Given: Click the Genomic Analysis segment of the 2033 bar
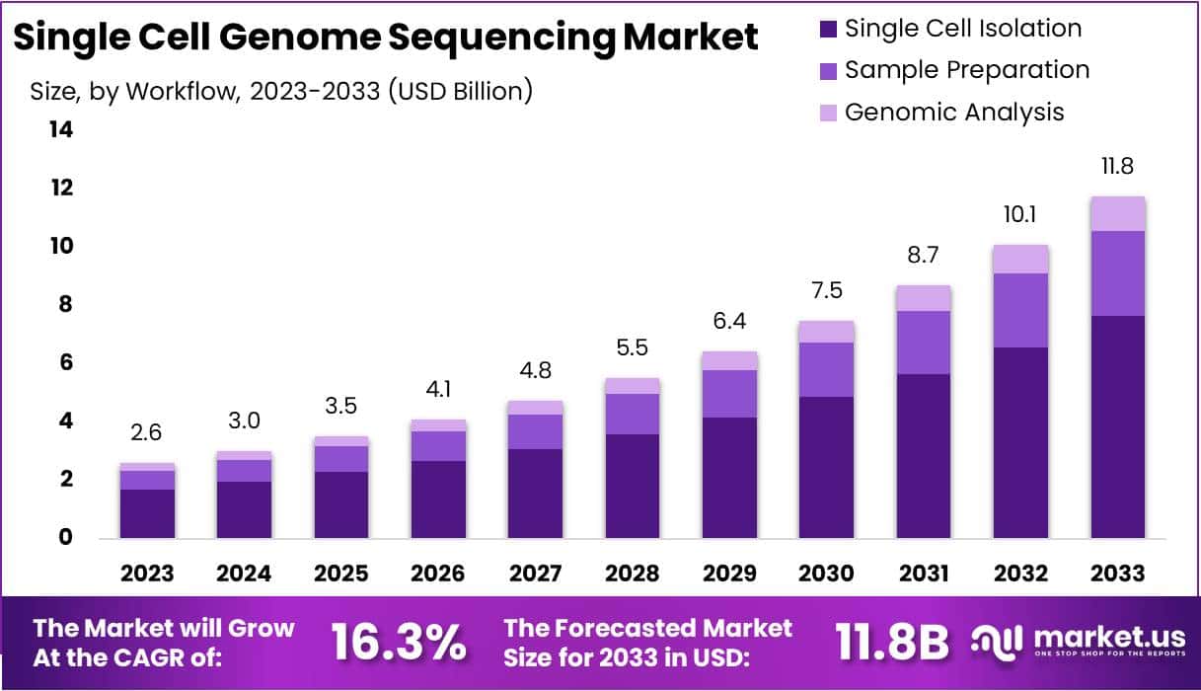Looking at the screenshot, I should (x=1117, y=214).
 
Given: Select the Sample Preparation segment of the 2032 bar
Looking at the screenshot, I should (x=1020, y=310).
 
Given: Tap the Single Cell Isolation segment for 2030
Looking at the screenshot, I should (x=826, y=467).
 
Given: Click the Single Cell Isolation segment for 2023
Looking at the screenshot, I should (x=148, y=513).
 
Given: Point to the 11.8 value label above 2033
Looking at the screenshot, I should (x=1117, y=167).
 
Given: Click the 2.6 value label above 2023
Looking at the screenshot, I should (x=148, y=433).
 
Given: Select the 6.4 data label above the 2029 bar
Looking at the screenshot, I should (x=729, y=322).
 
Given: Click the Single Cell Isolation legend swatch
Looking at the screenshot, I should (x=828, y=30).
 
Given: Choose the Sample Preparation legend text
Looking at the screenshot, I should (x=967, y=70).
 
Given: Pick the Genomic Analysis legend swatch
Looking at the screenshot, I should (x=828, y=113).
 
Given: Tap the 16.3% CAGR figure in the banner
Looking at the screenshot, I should (x=398, y=643).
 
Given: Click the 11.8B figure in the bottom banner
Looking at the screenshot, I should (x=892, y=643).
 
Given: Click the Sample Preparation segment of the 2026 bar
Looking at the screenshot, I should (x=438, y=446).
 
